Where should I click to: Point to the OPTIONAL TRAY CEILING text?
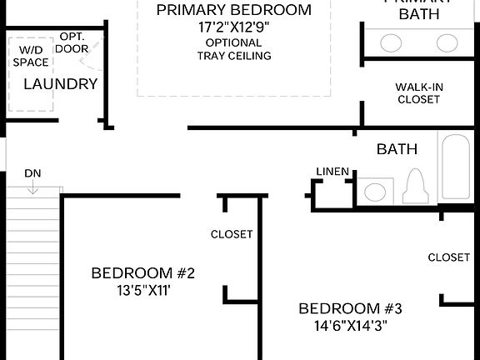(x=233, y=49)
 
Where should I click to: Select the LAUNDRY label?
(x=61, y=84)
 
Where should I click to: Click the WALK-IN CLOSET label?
(x=417, y=93)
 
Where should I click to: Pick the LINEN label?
(x=332, y=172)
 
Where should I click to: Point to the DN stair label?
(x=32, y=173)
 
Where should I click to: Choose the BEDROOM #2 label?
(x=142, y=273)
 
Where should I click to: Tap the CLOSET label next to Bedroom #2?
(x=232, y=235)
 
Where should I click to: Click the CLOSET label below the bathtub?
(x=449, y=257)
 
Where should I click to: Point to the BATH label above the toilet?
(x=397, y=150)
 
